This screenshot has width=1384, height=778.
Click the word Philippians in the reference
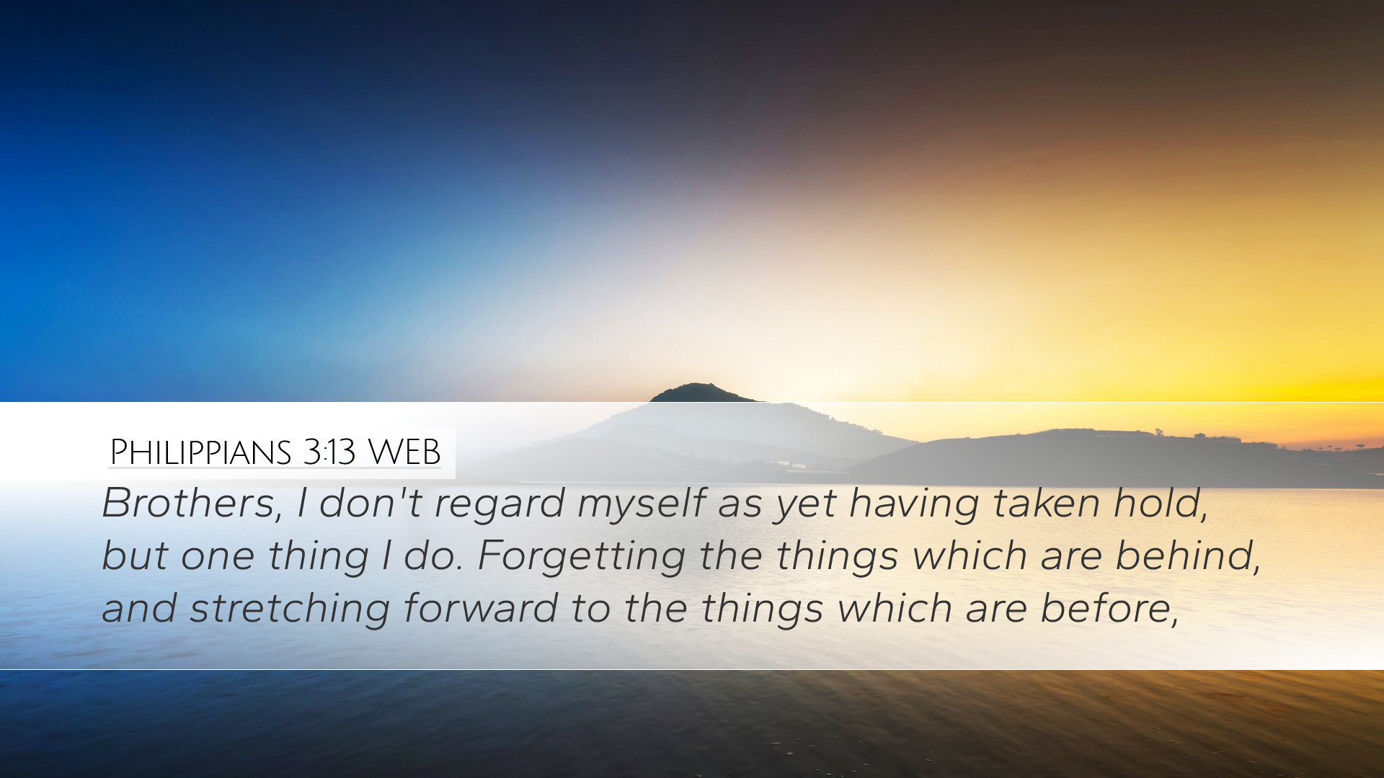[x=200, y=452]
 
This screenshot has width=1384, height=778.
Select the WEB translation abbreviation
[x=404, y=452]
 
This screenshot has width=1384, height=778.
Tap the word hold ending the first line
[x=1161, y=504]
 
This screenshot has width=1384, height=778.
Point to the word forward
[x=480, y=608]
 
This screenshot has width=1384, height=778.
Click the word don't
[x=370, y=503]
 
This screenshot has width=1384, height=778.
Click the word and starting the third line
[x=139, y=608]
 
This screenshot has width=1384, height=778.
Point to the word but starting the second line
[x=135, y=555]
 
